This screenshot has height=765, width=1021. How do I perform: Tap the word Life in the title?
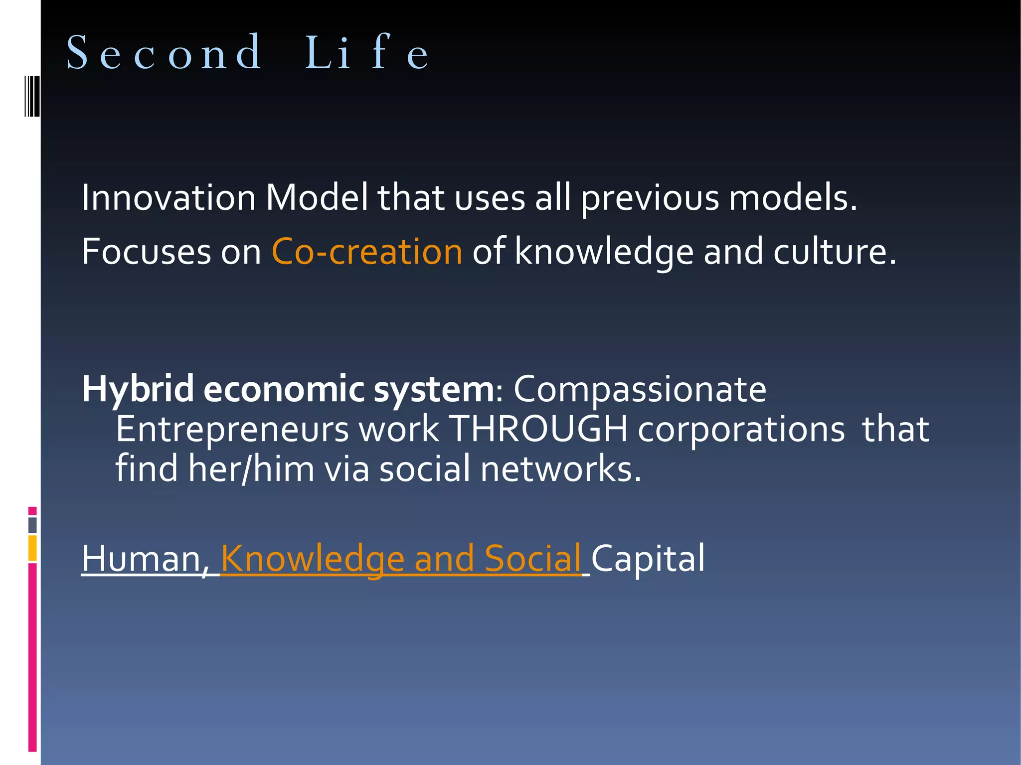click(366, 52)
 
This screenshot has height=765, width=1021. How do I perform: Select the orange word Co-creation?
click(367, 251)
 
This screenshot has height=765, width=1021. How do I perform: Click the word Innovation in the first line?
click(169, 197)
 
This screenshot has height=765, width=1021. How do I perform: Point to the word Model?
click(317, 197)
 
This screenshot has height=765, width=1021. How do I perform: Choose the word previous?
click(650, 198)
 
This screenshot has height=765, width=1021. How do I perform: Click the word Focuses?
click(147, 251)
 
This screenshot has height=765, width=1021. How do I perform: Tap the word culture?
click(835, 251)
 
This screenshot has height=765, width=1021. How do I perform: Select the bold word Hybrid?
click(138, 389)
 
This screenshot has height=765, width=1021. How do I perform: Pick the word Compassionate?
click(640, 389)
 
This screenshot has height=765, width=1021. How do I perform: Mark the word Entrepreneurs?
click(232, 429)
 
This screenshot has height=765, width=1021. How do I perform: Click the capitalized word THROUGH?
click(538, 429)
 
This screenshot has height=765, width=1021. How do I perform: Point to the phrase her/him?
click(251, 469)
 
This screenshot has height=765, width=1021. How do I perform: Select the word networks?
click(560, 469)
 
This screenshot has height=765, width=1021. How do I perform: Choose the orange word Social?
click(532, 558)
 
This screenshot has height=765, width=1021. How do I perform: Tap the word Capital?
click(648, 558)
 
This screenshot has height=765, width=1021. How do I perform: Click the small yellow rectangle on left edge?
click(32, 548)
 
